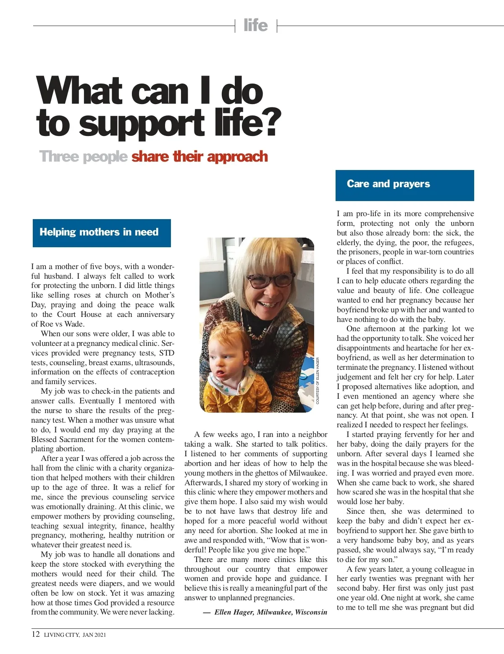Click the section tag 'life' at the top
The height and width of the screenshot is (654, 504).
click(255, 26)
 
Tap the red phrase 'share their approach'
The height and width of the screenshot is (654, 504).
click(199, 157)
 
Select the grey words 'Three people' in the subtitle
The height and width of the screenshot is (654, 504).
click(83, 157)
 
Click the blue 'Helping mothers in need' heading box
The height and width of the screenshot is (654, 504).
click(102, 233)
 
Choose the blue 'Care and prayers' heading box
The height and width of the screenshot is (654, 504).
click(404, 185)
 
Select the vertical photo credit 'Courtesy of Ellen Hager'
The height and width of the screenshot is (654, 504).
click(318, 380)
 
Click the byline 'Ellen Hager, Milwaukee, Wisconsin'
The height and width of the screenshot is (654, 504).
click(270, 612)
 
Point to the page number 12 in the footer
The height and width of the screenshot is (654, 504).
click(36, 634)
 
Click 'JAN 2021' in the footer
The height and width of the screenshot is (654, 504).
click(94, 635)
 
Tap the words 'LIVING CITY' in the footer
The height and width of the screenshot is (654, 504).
click(61, 635)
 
